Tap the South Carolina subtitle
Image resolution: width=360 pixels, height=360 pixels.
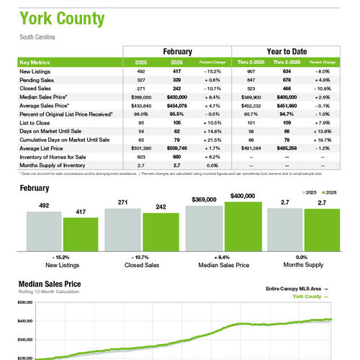[x=37, y=37]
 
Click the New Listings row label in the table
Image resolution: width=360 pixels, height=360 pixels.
[x=35, y=72]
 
